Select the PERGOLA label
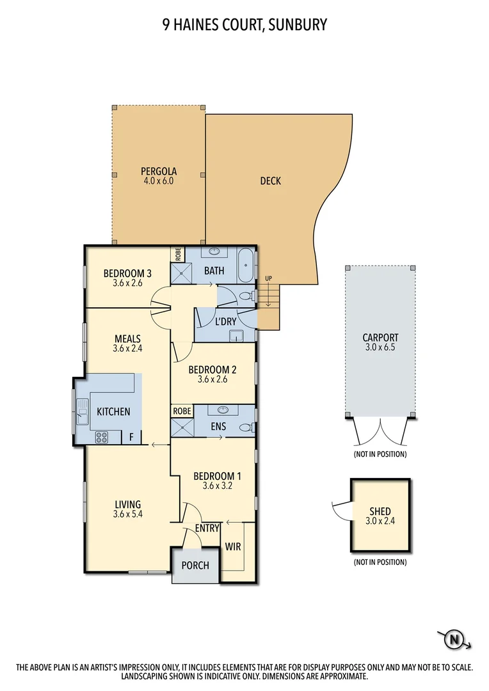click(x=158, y=171)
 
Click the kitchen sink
click(x=82, y=411)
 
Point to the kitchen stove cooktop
click(x=102, y=438)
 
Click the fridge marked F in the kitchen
click(x=131, y=438)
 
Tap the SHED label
click(x=380, y=512)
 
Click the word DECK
click(x=270, y=181)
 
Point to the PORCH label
click(x=195, y=566)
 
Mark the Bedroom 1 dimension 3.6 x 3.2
click(x=217, y=486)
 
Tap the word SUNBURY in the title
click(x=299, y=25)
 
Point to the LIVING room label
click(x=127, y=504)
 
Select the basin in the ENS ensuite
click(x=222, y=410)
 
